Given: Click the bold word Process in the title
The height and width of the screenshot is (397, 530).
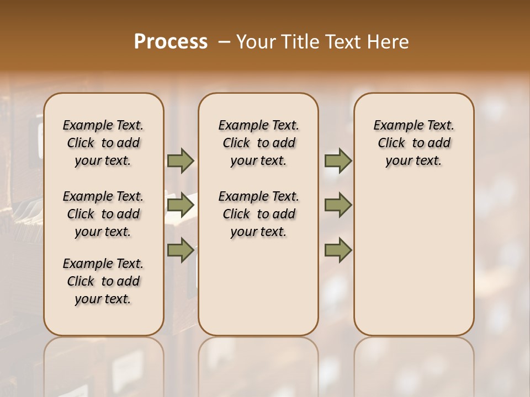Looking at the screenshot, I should click(x=171, y=41).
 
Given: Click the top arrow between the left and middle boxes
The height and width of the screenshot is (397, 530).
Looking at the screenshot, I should click(x=181, y=161).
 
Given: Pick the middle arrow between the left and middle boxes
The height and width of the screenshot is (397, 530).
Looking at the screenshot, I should click(x=181, y=205).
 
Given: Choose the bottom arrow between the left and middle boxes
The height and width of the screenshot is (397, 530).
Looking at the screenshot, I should click(x=181, y=250).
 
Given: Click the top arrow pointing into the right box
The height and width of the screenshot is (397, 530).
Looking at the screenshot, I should click(x=338, y=161).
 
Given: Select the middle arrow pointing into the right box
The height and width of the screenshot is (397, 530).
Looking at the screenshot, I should click(x=338, y=205).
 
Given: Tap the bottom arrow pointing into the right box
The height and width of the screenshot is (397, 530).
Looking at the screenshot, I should click(x=338, y=250).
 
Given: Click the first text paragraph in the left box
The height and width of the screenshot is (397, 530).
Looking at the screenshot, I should click(x=103, y=143).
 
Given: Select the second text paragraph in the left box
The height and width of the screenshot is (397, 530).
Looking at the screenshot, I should click(x=103, y=214).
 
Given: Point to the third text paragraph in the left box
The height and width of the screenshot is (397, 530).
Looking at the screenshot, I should click(x=103, y=281).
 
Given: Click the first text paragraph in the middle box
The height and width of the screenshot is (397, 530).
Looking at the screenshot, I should click(x=258, y=143).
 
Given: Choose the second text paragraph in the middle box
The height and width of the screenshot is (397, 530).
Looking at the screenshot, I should click(x=258, y=214).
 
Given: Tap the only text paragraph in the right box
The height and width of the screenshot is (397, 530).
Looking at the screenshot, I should click(x=414, y=143).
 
